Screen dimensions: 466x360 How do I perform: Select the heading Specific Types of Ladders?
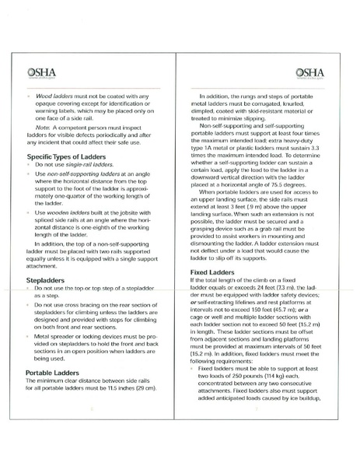[x=61, y=158]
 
